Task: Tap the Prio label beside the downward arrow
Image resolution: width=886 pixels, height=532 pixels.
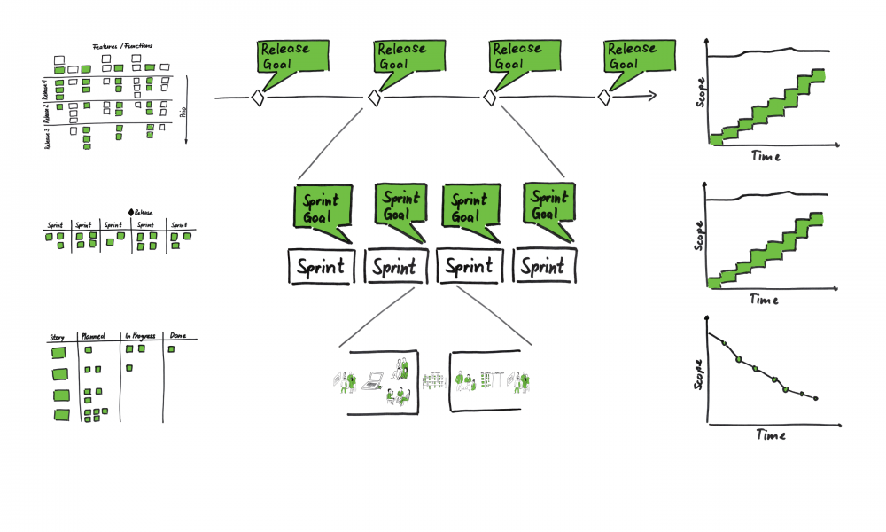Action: pyautogui.click(x=183, y=111)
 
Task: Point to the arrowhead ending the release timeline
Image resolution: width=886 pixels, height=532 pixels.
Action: pyautogui.click(x=653, y=96)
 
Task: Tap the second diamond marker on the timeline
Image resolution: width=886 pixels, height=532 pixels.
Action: pyautogui.click(x=375, y=98)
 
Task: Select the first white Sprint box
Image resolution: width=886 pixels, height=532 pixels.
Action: pyautogui.click(x=321, y=267)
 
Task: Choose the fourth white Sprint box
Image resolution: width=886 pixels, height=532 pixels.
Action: pyautogui.click(x=544, y=267)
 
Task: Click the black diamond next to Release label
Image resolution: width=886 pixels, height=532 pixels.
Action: pyautogui.click(x=131, y=212)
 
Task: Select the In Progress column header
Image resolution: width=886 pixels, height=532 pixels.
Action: pyautogui.click(x=139, y=337)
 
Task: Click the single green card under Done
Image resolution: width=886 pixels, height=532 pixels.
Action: pyautogui.click(x=172, y=349)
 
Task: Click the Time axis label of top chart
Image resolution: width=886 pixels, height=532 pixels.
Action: pyautogui.click(x=766, y=156)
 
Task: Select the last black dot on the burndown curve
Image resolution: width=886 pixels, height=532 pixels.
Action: pyautogui.click(x=815, y=398)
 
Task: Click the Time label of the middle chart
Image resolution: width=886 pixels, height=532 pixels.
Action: pyautogui.click(x=764, y=300)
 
